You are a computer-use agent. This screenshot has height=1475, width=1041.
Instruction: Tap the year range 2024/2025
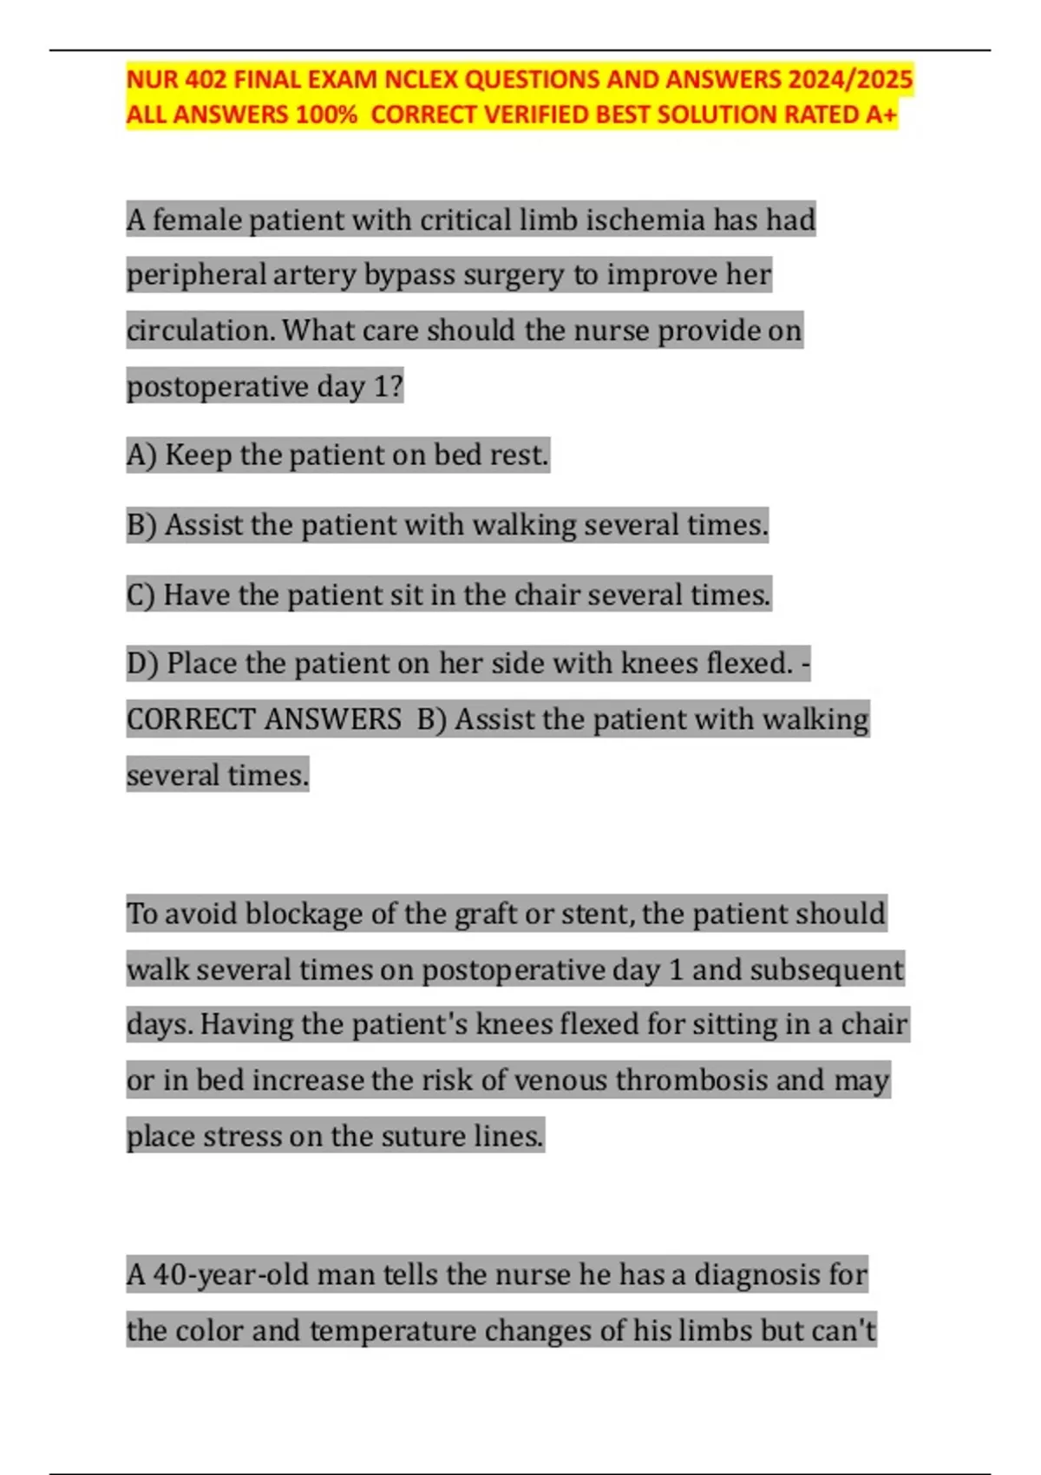click(x=850, y=80)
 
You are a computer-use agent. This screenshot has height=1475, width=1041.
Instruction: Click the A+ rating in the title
click(x=881, y=115)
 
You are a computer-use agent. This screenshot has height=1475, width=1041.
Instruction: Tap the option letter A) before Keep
click(x=141, y=456)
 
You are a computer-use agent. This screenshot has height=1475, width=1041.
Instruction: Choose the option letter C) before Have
click(x=141, y=595)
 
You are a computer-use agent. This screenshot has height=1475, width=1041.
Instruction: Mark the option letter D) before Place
click(x=142, y=664)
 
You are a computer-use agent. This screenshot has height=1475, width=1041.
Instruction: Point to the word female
click(x=197, y=220)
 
